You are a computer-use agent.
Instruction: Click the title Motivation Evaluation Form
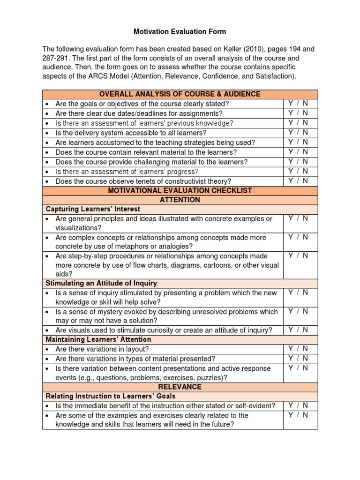click(180, 32)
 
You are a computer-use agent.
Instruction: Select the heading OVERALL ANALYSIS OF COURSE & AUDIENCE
click(180, 94)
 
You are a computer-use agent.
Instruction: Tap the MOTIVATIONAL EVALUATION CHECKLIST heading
click(180, 190)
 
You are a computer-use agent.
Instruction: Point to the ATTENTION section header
click(180, 200)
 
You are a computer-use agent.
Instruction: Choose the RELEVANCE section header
click(180, 387)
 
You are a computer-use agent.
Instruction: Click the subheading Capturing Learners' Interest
click(92, 209)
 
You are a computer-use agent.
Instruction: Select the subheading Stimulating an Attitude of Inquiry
click(101, 283)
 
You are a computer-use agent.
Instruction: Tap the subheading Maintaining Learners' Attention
click(98, 339)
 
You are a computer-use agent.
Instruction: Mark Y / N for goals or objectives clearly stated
click(298, 103)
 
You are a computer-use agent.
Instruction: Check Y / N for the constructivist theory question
click(298, 180)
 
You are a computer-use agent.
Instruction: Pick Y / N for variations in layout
click(298, 349)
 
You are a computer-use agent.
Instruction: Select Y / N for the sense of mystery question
click(298, 311)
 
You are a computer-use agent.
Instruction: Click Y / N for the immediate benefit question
click(298, 405)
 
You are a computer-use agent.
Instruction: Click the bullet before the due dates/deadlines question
click(48, 113)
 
